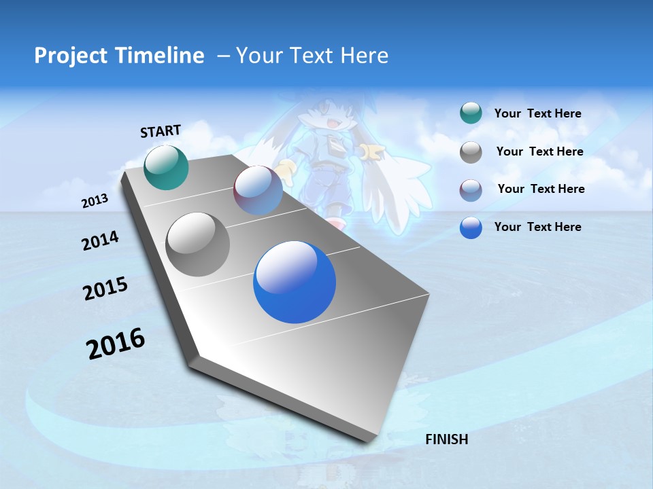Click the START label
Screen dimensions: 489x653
coord(161,131)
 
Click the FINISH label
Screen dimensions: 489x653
coord(446,439)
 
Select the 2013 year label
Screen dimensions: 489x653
coord(95,200)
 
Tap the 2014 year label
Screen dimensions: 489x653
coord(100,240)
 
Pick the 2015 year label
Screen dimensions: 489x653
coord(105,289)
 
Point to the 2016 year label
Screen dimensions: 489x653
coord(116,344)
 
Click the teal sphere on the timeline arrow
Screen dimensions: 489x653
coord(166,167)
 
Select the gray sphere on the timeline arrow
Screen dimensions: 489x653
coord(197,244)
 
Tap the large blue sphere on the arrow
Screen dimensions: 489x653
coord(294,281)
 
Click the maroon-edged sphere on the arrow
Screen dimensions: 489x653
coord(258,189)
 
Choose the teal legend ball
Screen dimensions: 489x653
coord(471,113)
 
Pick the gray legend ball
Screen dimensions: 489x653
coord(471,152)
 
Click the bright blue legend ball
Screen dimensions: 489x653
coord(471,228)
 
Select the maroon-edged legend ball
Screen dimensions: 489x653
coord(471,190)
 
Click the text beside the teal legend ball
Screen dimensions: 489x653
coord(537,113)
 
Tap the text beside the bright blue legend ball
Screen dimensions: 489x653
coord(537,227)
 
